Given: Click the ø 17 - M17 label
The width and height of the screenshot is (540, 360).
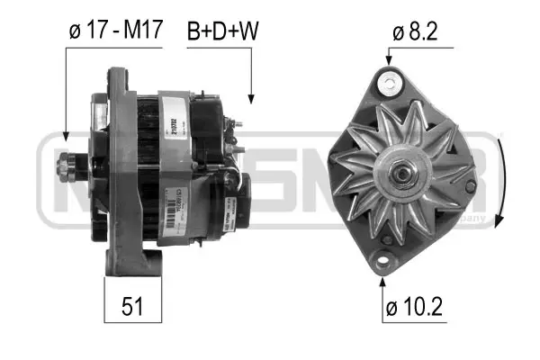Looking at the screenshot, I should click(114, 30).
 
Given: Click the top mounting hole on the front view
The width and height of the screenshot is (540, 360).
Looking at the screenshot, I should click(390, 85).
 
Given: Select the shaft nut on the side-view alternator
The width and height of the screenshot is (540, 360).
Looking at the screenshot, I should click(66, 165).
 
